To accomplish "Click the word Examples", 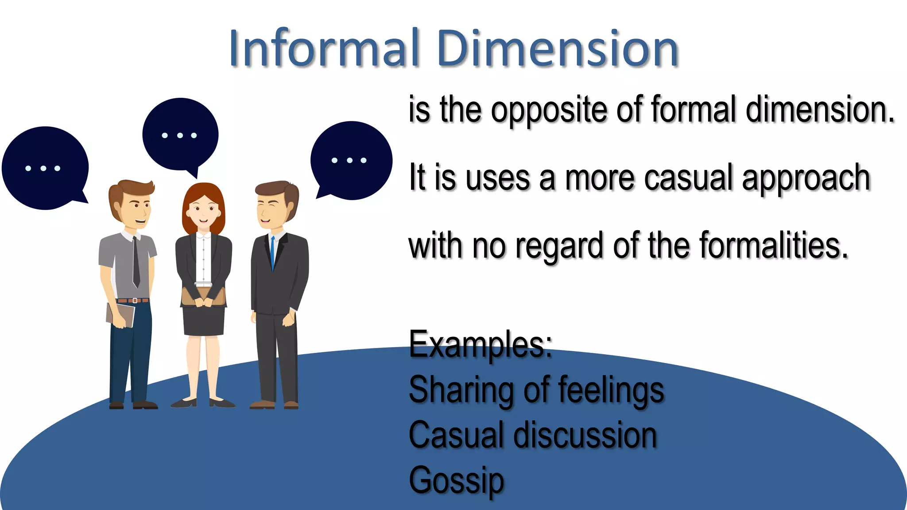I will click(x=481, y=344).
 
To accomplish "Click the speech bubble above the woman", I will click(x=180, y=135).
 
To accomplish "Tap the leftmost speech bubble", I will click(x=44, y=168).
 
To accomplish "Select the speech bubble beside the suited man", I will click(x=351, y=160).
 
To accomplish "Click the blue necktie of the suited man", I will click(x=272, y=252).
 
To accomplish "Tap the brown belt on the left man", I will click(x=133, y=301).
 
